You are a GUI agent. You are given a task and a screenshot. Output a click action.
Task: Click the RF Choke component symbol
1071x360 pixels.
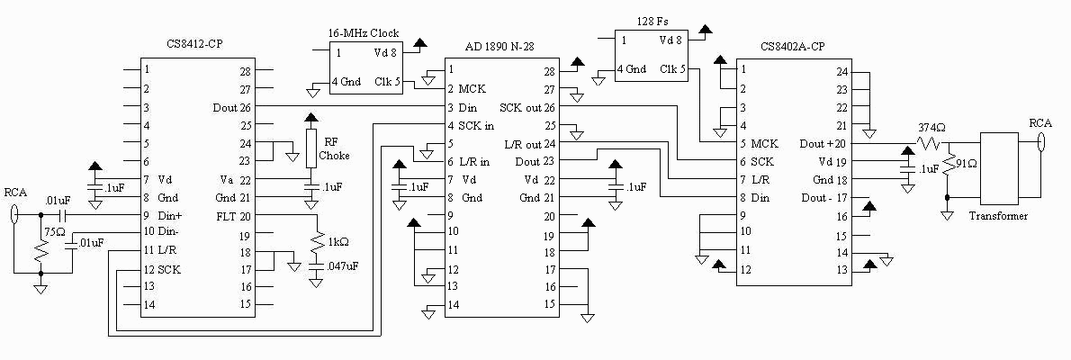311,144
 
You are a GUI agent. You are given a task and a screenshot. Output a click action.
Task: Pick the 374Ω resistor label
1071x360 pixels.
931,127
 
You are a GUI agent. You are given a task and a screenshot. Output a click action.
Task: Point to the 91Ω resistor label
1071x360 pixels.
964,165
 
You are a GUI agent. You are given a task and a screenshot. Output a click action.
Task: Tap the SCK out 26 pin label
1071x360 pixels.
526,107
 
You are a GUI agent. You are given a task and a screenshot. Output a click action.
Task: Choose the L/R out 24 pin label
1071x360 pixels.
529,144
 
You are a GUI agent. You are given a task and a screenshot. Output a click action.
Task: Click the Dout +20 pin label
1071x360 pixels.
823,143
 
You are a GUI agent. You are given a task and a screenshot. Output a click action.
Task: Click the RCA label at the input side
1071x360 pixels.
15,192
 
